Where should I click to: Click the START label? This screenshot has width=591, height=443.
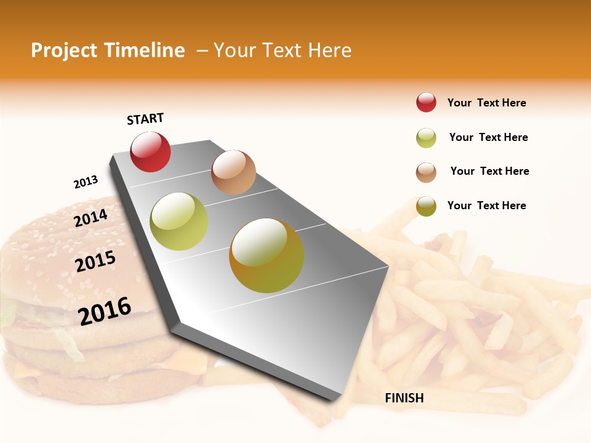click(145, 119)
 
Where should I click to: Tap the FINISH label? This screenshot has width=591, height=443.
click(404, 398)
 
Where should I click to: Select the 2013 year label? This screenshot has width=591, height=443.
click(86, 182)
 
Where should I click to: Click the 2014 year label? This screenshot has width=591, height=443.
click(90, 218)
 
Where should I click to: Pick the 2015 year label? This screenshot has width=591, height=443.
click(95, 261)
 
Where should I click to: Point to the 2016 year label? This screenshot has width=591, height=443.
click(105, 311)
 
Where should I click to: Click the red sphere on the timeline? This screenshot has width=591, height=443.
click(150, 152)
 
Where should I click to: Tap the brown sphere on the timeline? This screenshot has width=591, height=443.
click(233, 172)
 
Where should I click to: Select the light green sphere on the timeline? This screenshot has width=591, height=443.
click(179, 221)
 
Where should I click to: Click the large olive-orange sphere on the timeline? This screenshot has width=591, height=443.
click(267, 255)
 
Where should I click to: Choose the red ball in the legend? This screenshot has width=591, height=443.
click(426, 102)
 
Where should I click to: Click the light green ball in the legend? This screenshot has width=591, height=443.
click(426, 138)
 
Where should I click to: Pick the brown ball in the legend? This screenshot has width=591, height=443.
click(426, 172)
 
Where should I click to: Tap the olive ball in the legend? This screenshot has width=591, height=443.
click(426, 206)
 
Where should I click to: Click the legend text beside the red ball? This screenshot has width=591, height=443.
click(486, 103)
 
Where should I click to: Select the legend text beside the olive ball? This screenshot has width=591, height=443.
click(486, 206)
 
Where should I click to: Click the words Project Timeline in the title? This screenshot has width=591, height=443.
click(108, 50)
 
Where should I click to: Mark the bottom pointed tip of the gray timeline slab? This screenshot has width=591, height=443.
click(336, 401)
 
